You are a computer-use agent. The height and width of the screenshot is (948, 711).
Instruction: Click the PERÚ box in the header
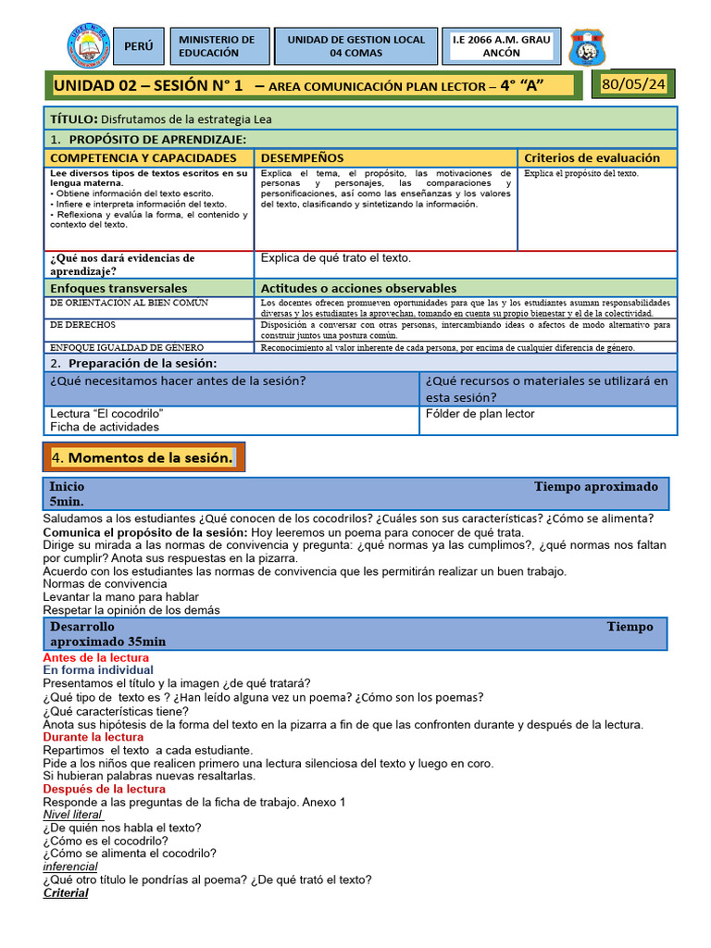[x=139, y=46]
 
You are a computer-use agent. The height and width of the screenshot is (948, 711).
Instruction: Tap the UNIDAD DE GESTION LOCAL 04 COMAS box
[x=355, y=46]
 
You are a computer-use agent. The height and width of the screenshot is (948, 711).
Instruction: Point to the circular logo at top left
[x=90, y=46]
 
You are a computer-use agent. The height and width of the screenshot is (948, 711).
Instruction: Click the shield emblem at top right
[x=587, y=47]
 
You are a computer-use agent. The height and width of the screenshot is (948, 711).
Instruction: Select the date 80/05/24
[x=633, y=85]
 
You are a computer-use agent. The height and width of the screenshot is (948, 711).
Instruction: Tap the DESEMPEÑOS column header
[x=302, y=158]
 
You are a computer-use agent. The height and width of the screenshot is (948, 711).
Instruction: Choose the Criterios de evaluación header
[x=592, y=158]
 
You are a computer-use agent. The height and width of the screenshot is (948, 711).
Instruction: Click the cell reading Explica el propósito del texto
[x=580, y=173]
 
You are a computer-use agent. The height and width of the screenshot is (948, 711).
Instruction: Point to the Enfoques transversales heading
[x=118, y=289]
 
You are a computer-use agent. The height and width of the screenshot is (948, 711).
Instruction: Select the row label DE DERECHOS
[x=82, y=325]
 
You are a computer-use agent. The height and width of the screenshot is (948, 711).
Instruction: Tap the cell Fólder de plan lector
[x=480, y=414]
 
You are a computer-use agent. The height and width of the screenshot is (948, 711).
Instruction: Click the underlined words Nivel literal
[x=72, y=815]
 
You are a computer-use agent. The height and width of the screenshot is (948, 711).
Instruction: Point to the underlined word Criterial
[x=66, y=893]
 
